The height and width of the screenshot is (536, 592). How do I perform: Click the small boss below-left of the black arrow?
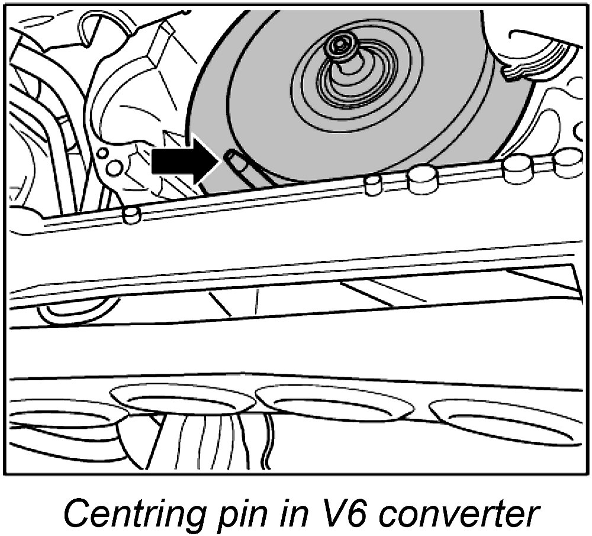(131, 214)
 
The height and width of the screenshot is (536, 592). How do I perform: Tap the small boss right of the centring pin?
(372, 185)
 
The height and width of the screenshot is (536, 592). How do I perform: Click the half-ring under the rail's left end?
(74, 308)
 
